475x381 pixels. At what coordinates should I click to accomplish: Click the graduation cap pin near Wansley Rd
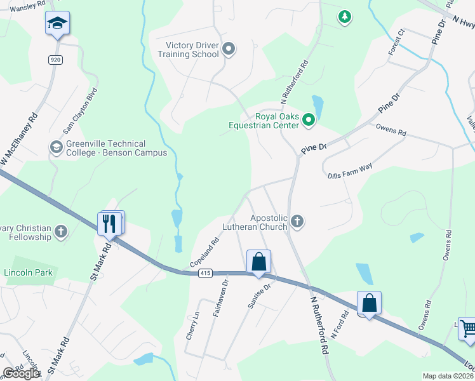click(58, 24)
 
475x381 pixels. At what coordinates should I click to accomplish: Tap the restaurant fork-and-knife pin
click(109, 223)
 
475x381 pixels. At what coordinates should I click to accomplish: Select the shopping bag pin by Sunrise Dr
click(258, 262)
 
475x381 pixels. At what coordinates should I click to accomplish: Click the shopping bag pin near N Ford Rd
click(369, 304)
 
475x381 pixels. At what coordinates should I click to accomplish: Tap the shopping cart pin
click(468, 329)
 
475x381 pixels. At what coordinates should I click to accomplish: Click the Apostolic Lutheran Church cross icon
click(297, 222)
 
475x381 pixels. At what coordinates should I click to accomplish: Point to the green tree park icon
click(344, 17)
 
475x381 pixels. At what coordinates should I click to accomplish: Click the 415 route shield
click(204, 273)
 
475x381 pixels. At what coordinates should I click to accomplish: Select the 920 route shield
click(55, 59)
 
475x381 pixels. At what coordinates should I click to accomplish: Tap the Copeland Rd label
click(204, 252)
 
